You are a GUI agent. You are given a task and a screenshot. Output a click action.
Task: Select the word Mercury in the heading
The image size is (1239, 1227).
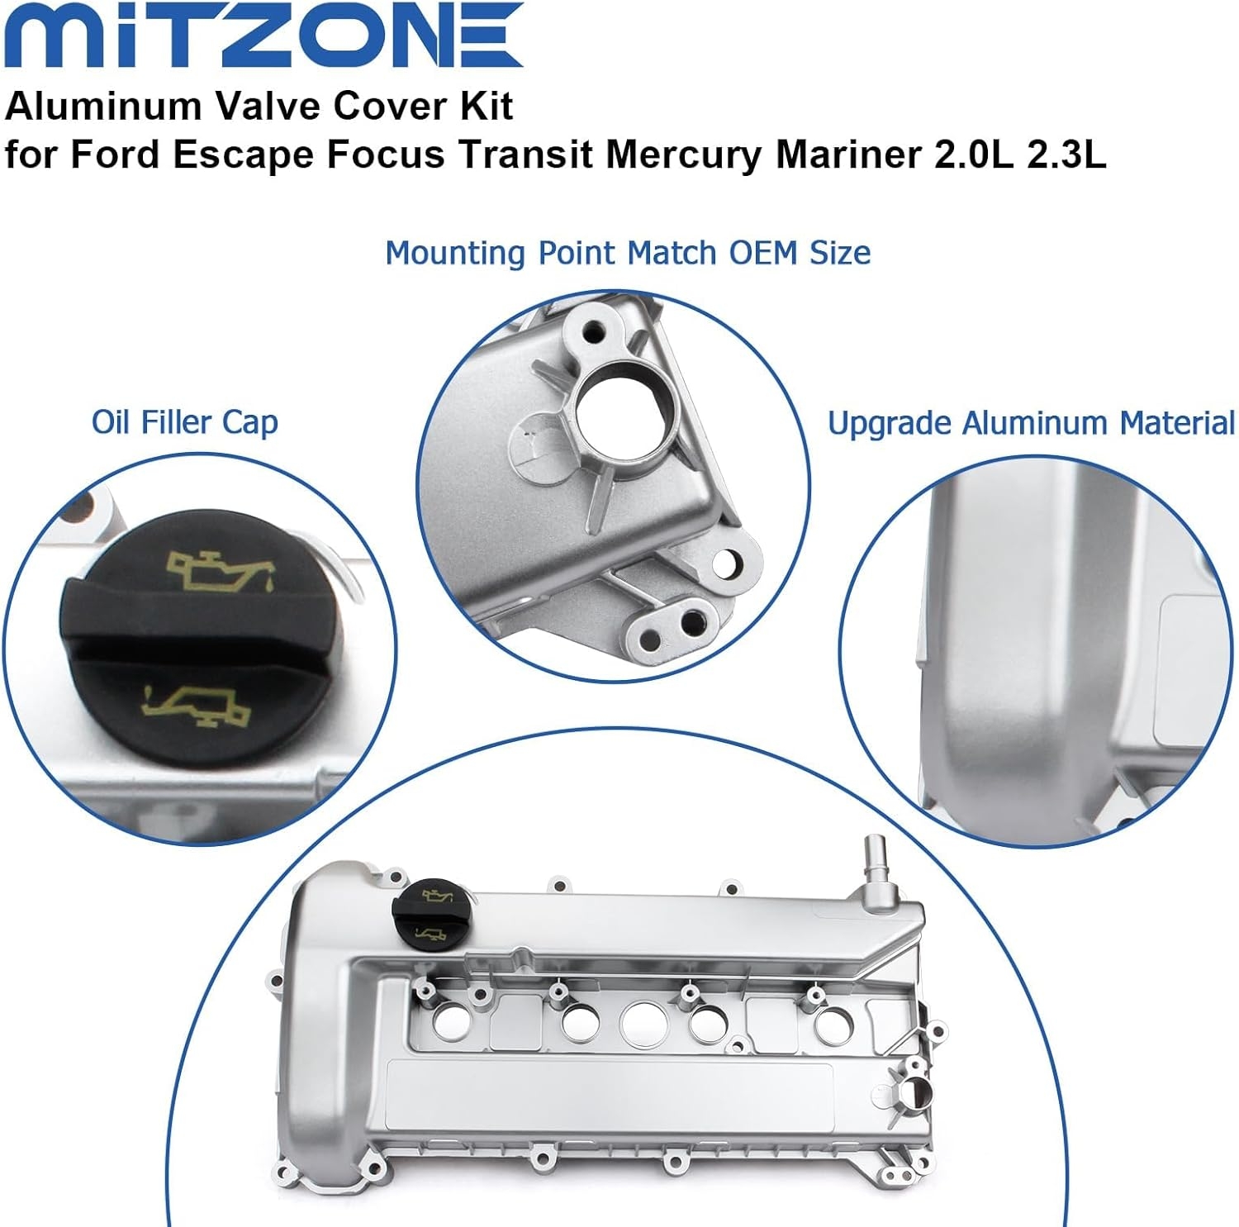point(682,155)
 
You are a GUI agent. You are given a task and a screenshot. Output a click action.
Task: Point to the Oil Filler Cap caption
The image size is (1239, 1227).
point(184,422)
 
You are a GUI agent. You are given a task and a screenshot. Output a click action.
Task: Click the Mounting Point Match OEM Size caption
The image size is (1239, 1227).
point(628,253)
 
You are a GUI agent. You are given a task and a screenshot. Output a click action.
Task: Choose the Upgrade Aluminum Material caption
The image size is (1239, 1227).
point(1031,423)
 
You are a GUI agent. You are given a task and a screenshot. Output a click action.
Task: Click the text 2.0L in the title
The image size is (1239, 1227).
point(973,155)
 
